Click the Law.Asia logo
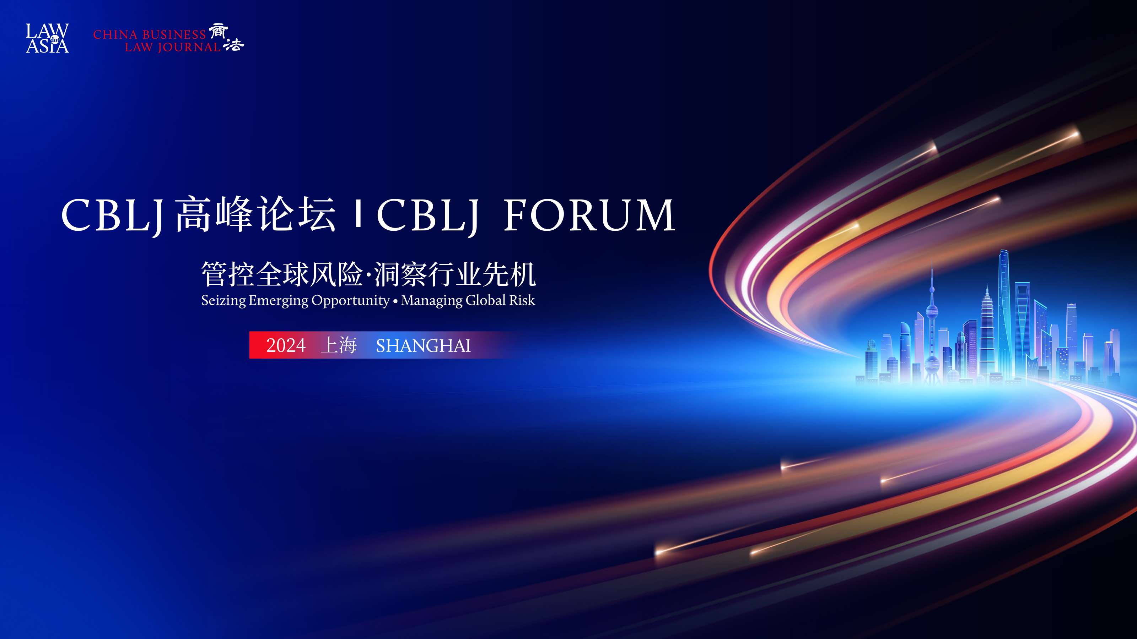pos(47,38)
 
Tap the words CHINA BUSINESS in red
pos(150,34)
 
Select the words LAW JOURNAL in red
pos(173,47)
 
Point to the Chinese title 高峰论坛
pos(255,214)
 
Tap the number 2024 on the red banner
pos(286,345)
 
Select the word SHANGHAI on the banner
pos(423,346)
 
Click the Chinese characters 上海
pos(339,345)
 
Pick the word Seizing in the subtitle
pos(223,300)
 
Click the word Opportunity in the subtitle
pos(350,301)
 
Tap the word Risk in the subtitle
pos(522,300)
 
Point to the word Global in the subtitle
pos(485,300)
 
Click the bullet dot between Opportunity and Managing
pos(395,302)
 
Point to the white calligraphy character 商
pos(219,31)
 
